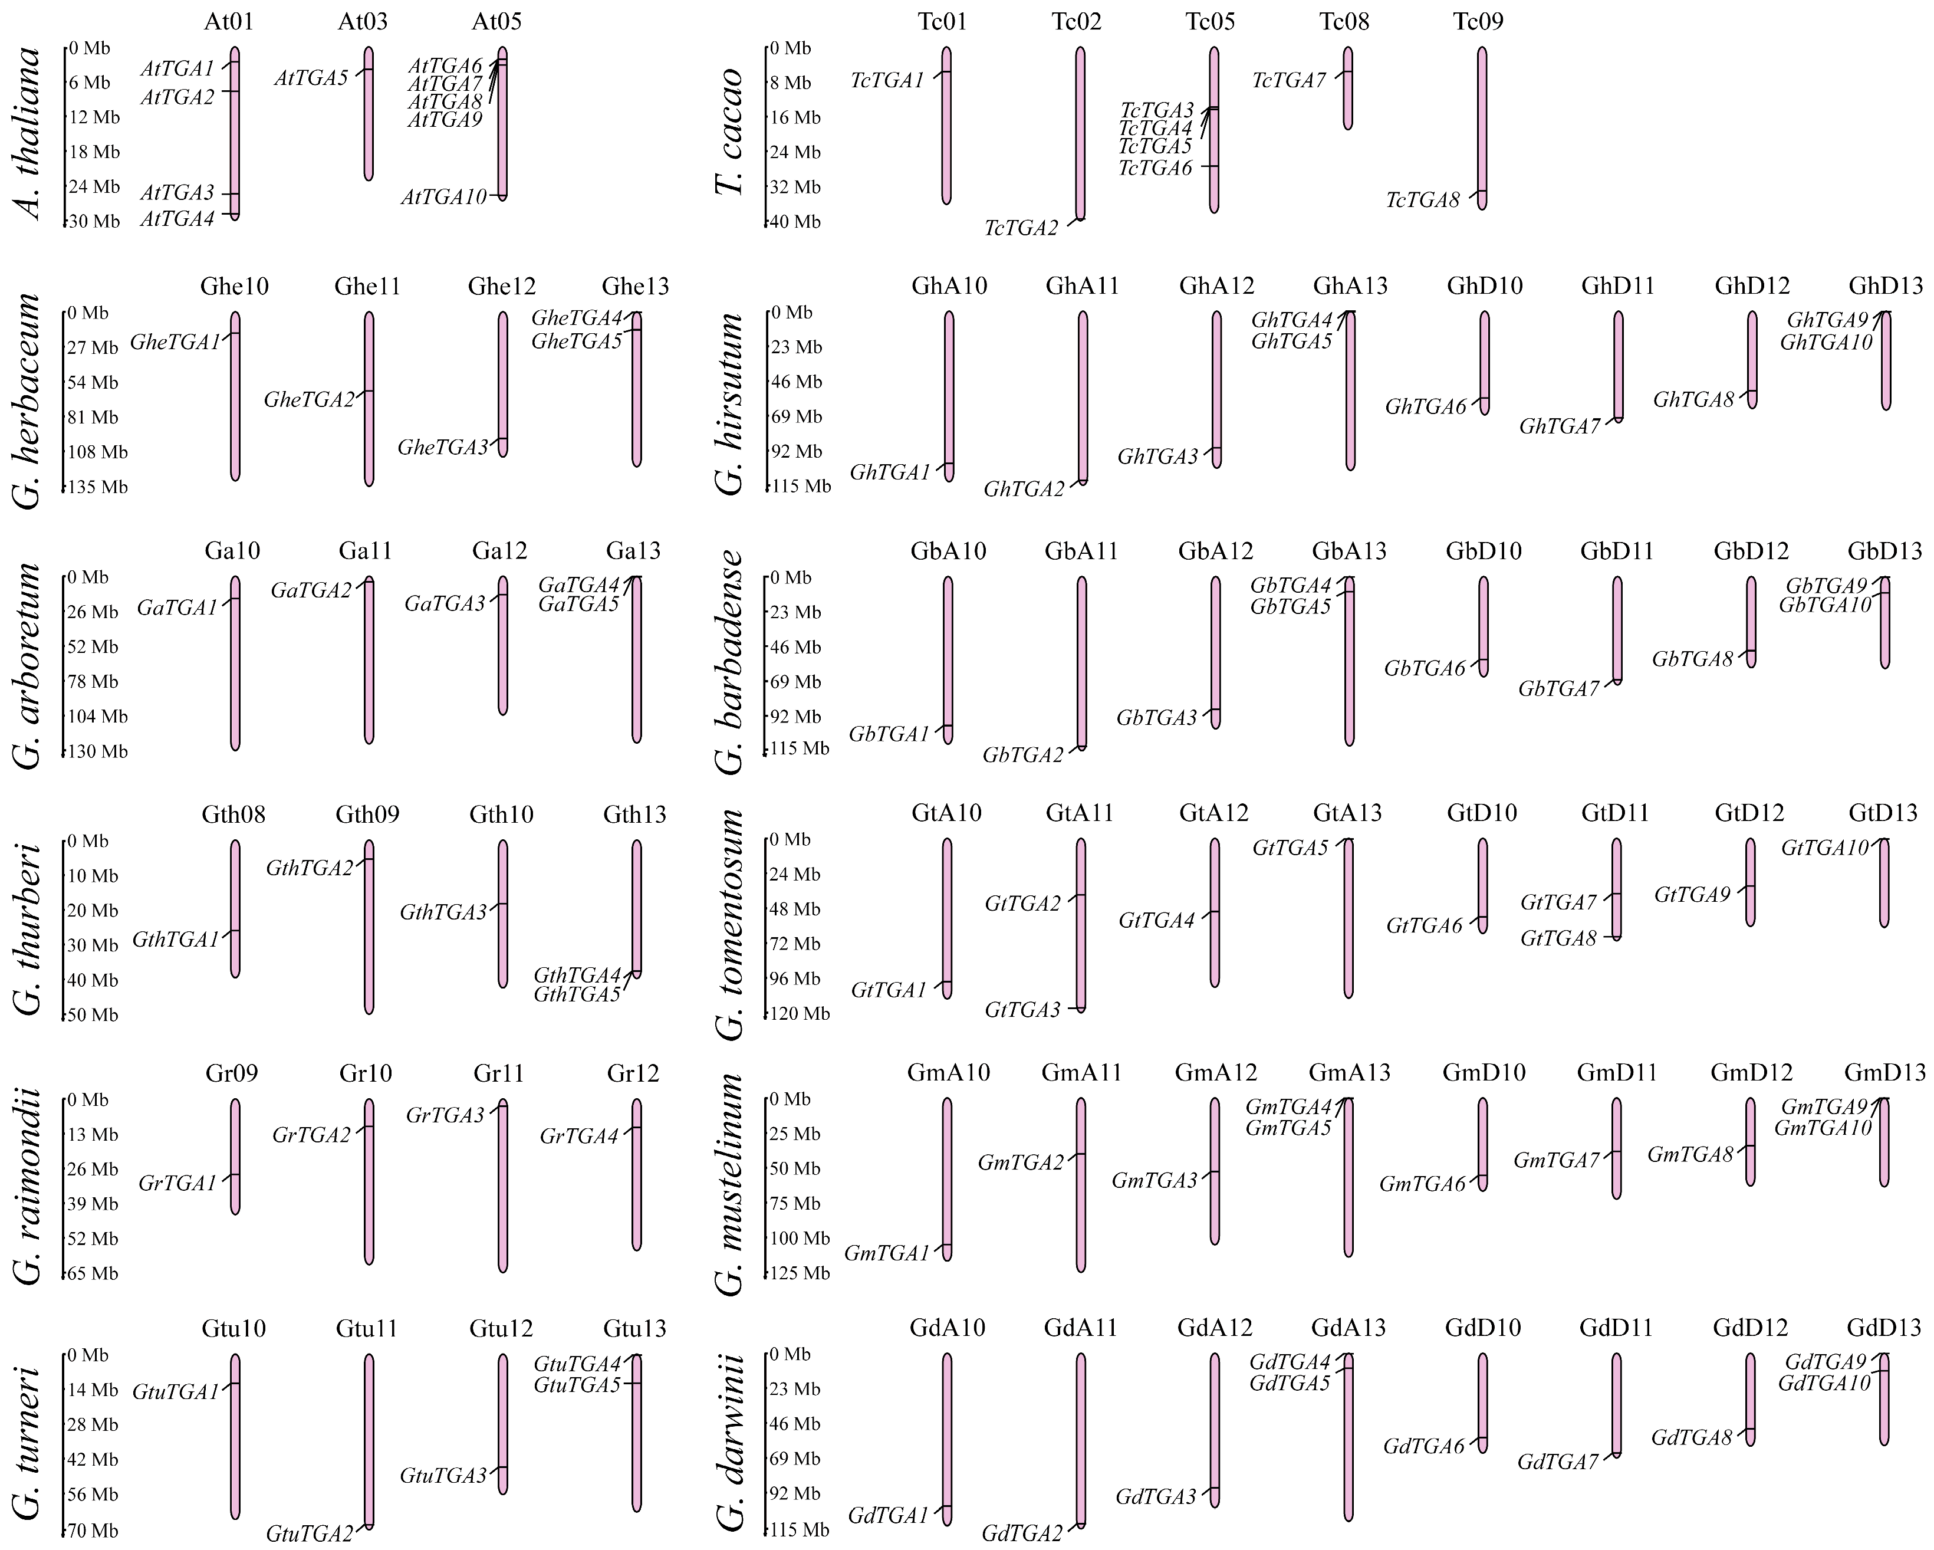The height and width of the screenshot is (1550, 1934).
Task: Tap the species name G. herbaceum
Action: pos(29,400)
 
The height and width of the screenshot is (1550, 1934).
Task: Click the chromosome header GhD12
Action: pos(1752,286)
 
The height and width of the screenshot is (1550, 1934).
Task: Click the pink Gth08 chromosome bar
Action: pos(235,908)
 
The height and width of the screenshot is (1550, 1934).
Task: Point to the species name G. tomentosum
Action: pos(731,924)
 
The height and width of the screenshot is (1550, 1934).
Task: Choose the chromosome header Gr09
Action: pos(232,1074)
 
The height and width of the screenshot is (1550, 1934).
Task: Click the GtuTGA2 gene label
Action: pos(310,1534)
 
